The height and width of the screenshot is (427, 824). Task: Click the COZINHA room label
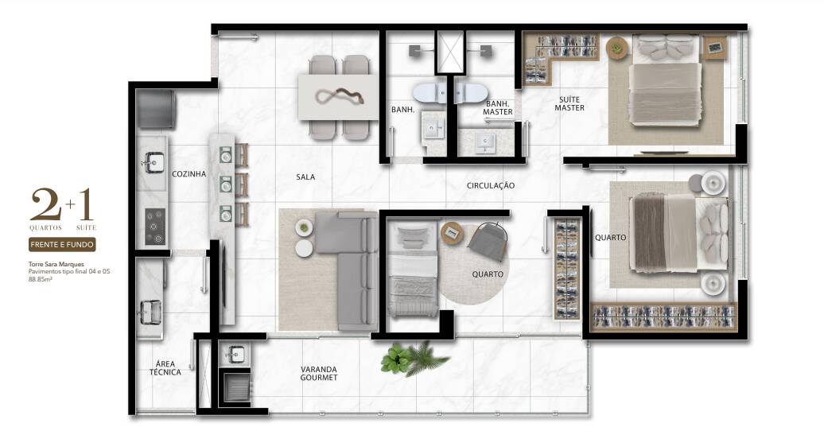(189, 174)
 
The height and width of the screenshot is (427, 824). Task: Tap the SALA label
(305, 177)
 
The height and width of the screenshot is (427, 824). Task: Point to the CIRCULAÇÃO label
(490, 185)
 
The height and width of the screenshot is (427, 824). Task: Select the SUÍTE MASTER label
(569, 103)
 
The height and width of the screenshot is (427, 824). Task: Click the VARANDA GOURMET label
(319, 374)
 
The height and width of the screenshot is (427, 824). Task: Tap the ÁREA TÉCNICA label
(165, 367)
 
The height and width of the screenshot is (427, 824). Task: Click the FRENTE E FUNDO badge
(62, 244)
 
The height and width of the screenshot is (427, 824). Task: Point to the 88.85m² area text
(40, 279)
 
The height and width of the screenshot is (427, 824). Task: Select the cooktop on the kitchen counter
(155, 227)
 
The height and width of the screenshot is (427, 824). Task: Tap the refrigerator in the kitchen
(156, 109)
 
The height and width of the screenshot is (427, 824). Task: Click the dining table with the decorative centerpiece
(339, 97)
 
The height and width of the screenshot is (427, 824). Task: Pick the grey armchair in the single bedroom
(487, 241)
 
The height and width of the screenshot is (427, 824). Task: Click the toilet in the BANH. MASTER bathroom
(470, 93)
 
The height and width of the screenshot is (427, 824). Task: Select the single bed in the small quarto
(413, 270)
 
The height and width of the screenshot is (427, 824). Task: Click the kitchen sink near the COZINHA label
(153, 162)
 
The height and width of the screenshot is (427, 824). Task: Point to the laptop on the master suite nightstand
(714, 47)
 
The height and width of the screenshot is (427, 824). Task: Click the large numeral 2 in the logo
(45, 205)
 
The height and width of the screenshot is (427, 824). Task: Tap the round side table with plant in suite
(617, 49)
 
